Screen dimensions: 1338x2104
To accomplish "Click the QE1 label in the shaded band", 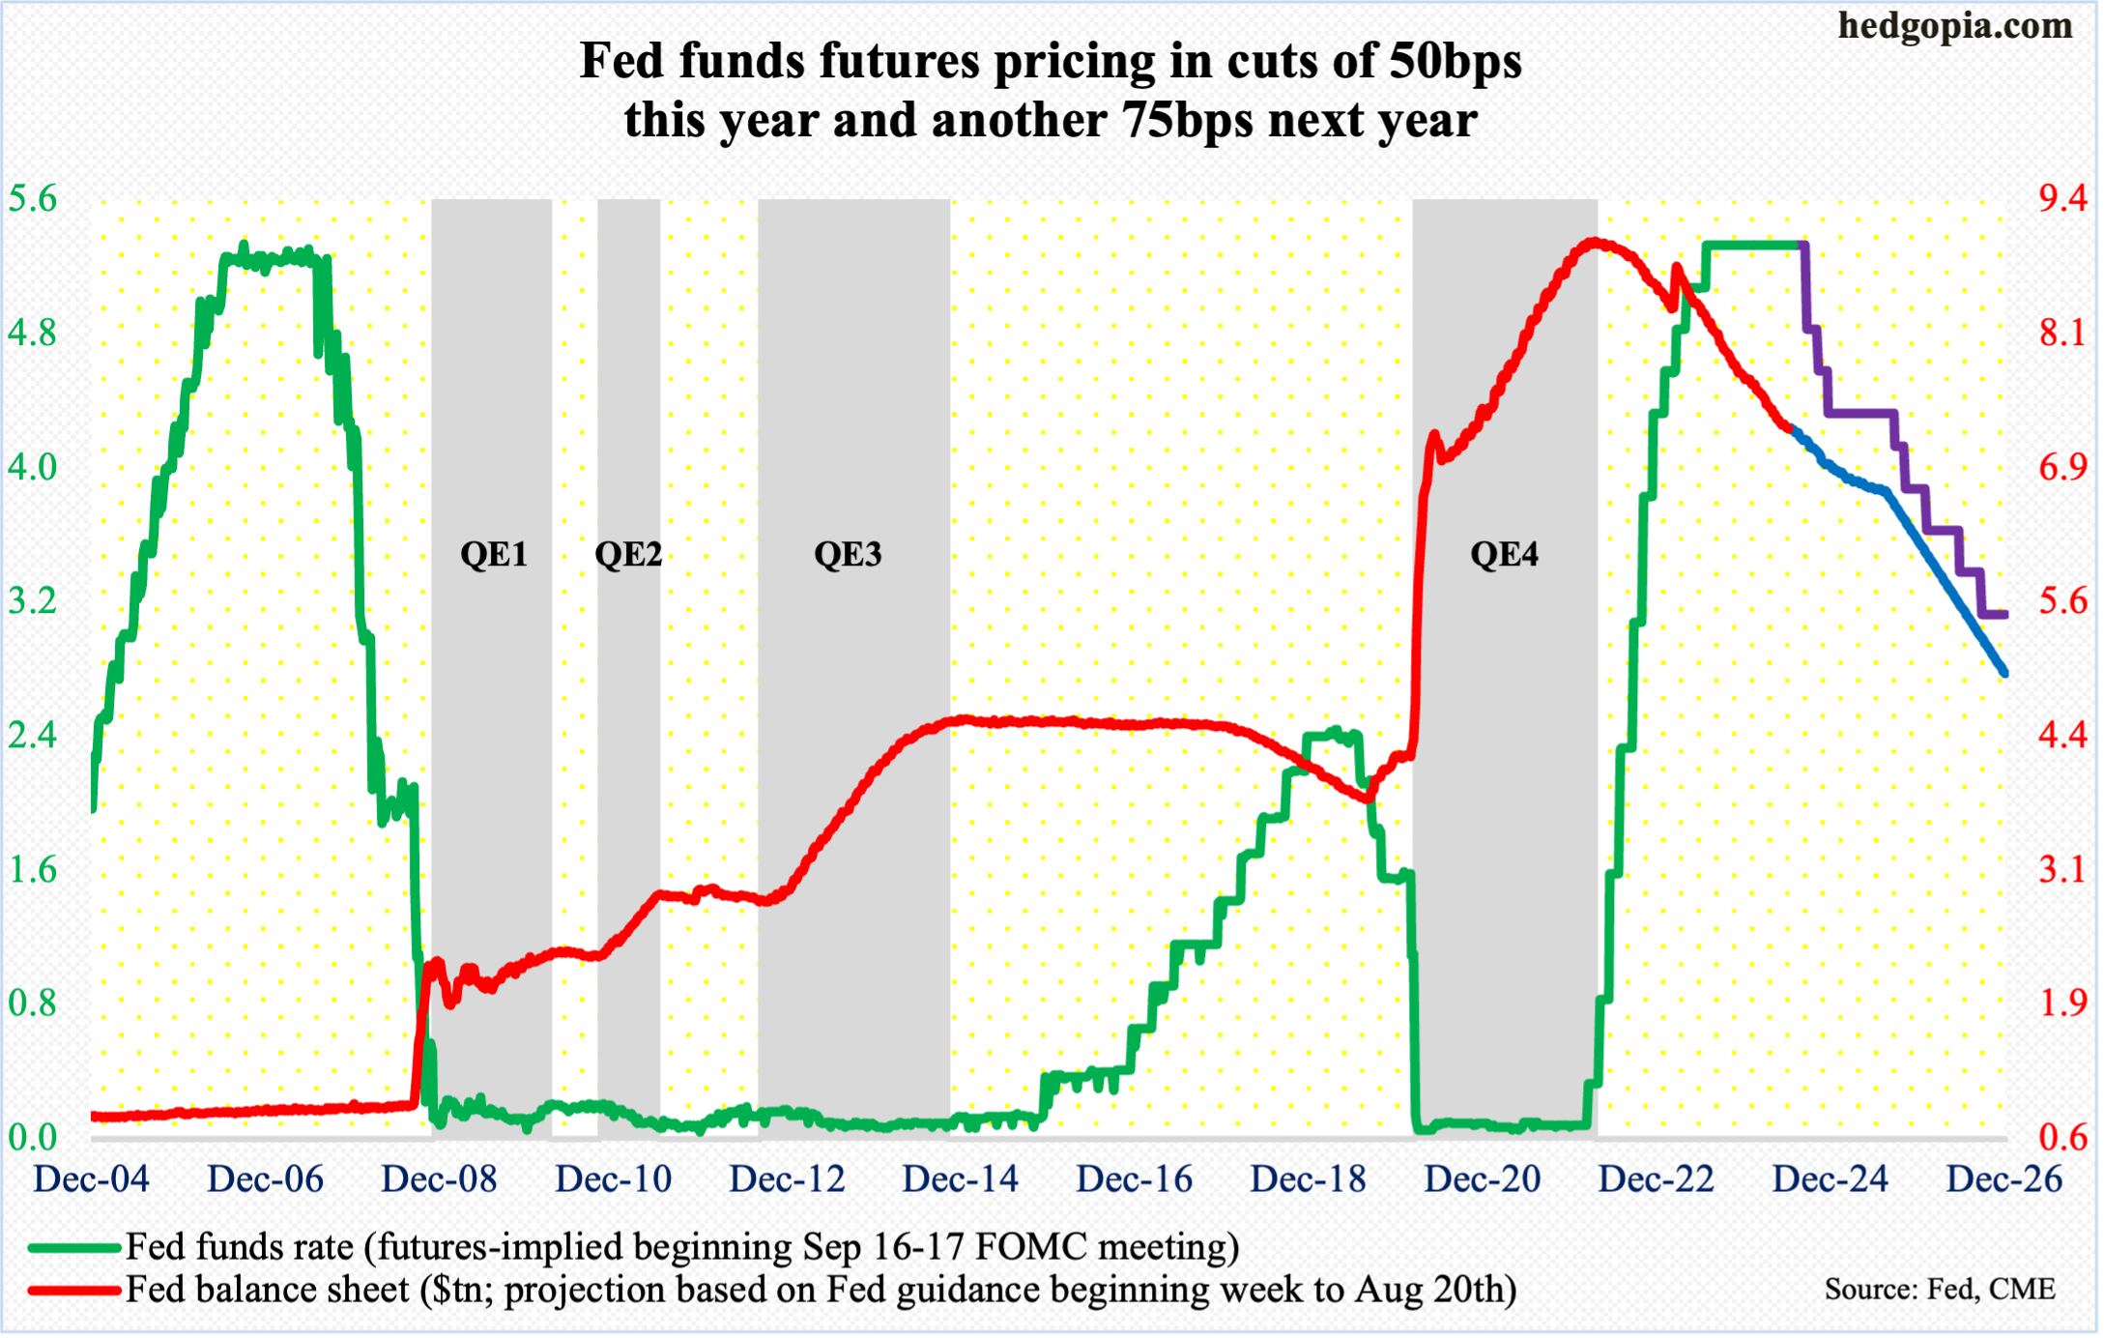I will click(x=494, y=554).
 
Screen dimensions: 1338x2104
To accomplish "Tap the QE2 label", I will click(x=628, y=554).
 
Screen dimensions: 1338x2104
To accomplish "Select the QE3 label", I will click(x=848, y=554).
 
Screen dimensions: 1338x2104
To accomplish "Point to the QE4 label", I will click(x=1504, y=554).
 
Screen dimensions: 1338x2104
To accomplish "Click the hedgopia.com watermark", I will click(x=1955, y=26).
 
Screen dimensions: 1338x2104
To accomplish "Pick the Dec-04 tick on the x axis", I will click(x=91, y=1179).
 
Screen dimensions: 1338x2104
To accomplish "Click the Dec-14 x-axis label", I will click(x=961, y=1179).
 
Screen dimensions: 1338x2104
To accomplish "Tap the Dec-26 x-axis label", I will click(x=2004, y=1179).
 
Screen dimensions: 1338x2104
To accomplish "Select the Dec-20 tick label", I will click(x=1483, y=1179).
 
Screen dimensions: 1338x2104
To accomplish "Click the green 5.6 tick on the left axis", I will click(x=33, y=199).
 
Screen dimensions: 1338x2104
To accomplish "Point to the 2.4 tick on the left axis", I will click(x=33, y=736).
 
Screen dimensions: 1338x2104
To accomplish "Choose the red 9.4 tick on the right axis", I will click(x=2062, y=199).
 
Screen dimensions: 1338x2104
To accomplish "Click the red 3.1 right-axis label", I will click(x=2062, y=870).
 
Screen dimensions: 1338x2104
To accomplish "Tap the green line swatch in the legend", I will click(x=73, y=1247).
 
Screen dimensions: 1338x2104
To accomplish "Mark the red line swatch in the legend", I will click(x=73, y=1290).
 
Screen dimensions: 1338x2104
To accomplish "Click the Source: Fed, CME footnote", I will click(x=1939, y=1290).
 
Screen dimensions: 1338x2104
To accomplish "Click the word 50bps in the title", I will click(x=1456, y=61).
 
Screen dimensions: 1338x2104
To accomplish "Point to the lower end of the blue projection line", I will click(x=2004, y=673).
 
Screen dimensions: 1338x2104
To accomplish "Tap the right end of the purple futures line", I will click(x=2004, y=614).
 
